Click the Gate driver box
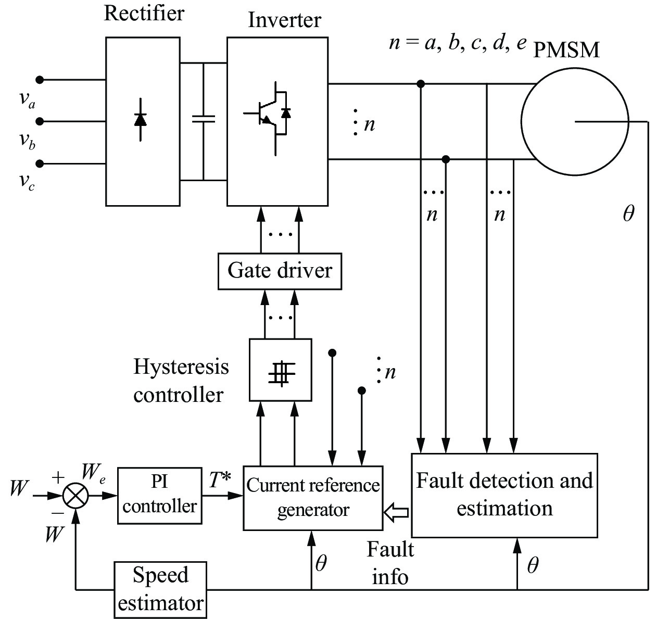tap(280, 271)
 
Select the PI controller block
tap(160, 496)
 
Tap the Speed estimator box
tap(160, 590)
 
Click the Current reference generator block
tap(313, 498)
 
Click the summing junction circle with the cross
tap(75, 496)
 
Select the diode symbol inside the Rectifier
tap(140, 120)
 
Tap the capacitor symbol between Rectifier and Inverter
tap(204, 119)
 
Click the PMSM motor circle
tap(574, 122)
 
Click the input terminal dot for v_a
tap(40, 80)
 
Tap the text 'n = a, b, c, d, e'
tap(458, 43)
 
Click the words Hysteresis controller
tap(181, 381)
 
